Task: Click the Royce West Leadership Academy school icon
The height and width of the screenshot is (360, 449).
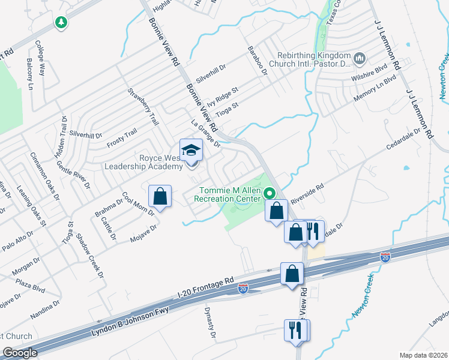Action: point(191,150)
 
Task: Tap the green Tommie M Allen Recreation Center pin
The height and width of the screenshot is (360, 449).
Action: point(270,193)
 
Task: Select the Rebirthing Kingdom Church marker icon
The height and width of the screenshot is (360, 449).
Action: point(360,58)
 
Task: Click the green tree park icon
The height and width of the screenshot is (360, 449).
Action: point(60,23)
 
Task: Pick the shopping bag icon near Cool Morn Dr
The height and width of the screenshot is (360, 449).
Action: point(160,196)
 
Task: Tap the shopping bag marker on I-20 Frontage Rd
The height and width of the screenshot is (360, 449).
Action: point(292,274)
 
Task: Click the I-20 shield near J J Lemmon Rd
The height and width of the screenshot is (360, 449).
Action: point(385,257)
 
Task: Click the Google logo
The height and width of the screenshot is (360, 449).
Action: point(20,353)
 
